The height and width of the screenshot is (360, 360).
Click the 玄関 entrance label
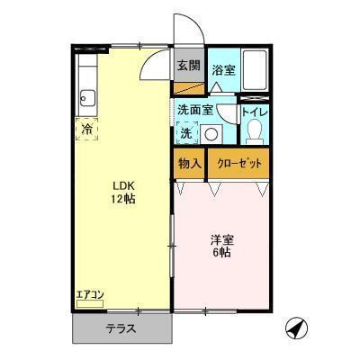(188, 65)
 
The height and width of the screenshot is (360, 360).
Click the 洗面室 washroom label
(194, 110)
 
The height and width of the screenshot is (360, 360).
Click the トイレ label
(256, 112)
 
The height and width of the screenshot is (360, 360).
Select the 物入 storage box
(189, 165)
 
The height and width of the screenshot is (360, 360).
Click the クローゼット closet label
(240, 165)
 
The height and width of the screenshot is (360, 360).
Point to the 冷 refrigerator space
(86, 129)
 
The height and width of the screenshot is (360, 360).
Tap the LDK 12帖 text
(121, 190)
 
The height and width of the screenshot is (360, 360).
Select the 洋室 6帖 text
(222, 246)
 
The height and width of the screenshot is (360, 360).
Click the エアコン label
(89, 294)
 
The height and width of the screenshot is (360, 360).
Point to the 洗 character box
(184, 133)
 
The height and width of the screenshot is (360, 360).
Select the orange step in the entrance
(189, 89)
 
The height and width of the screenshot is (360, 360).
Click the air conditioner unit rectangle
(90, 304)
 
